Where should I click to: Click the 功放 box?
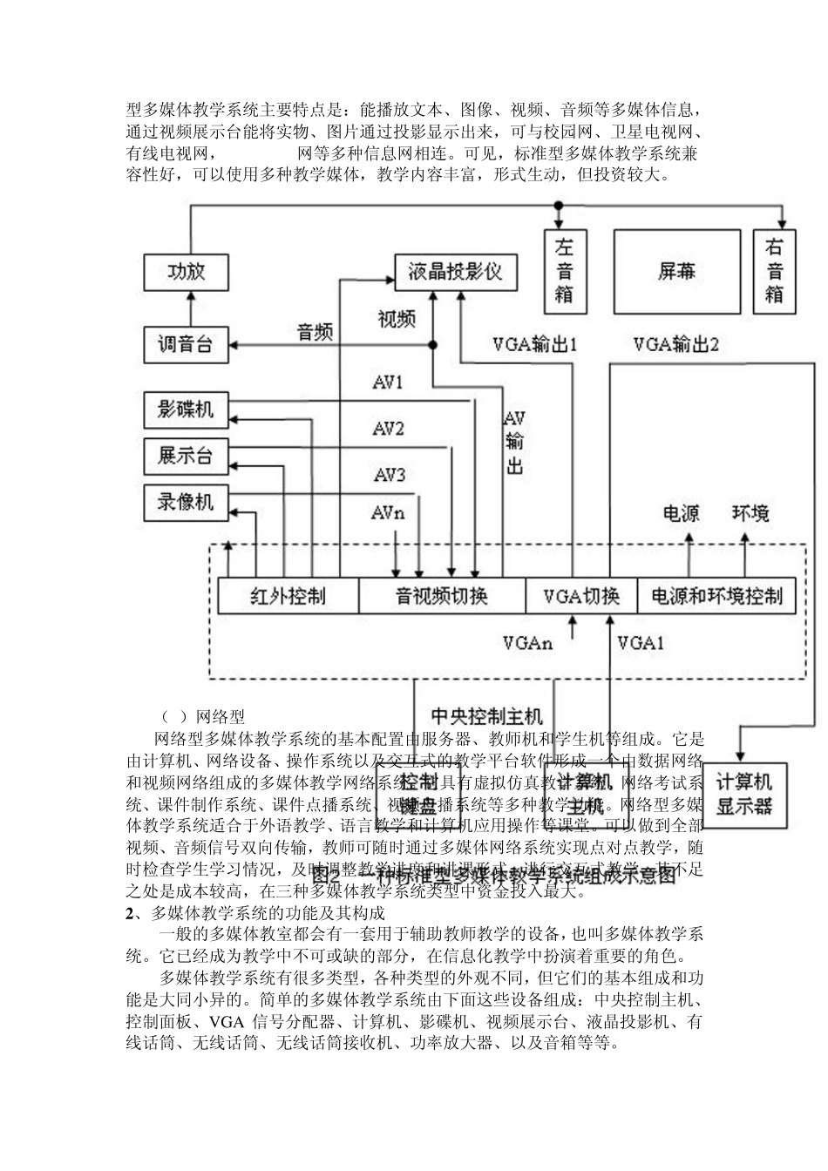click(187, 272)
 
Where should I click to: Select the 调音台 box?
click(186, 344)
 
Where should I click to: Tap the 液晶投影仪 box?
click(455, 272)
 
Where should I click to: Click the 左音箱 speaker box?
click(564, 271)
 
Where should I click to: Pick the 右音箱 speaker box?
click(774, 271)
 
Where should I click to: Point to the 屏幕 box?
click(676, 271)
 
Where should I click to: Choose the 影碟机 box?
click(186, 409)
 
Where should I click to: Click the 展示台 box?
click(186, 456)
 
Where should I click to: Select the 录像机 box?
click(186, 503)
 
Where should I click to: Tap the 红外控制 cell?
click(288, 597)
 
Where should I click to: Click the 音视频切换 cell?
click(442, 597)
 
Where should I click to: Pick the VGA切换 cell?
click(581, 597)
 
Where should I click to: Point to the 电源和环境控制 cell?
click(716, 597)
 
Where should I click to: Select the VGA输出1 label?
click(535, 345)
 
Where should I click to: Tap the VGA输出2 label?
click(676, 345)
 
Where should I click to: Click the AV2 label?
click(389, 429)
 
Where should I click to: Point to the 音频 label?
click(315, 332)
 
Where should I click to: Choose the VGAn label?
click(527, 644)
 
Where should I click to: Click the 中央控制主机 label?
click(487, 716)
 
